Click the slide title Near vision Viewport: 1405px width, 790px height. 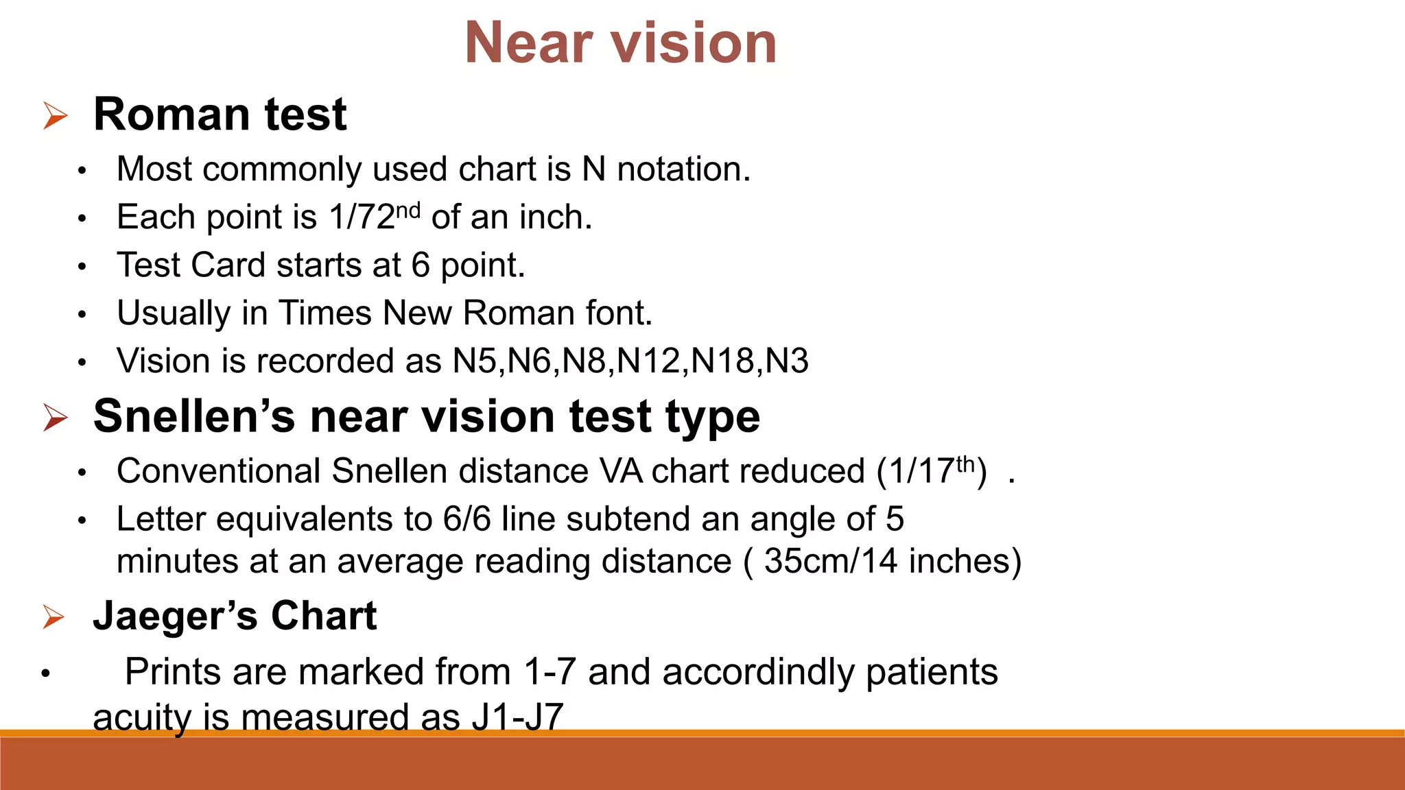620,43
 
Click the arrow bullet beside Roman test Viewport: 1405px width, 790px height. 55,115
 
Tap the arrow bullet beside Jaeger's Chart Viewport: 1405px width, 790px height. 54,617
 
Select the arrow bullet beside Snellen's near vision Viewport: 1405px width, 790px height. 55,417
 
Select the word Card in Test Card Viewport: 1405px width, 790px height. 228,265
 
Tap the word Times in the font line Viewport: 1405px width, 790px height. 324,313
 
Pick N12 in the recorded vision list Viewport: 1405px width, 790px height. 648,361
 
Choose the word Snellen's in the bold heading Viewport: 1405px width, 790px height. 195,416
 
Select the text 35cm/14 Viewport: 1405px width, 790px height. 830,561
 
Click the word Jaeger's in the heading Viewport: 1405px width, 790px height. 175,616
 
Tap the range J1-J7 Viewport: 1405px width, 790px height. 517,717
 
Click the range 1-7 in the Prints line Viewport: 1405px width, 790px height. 549,671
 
